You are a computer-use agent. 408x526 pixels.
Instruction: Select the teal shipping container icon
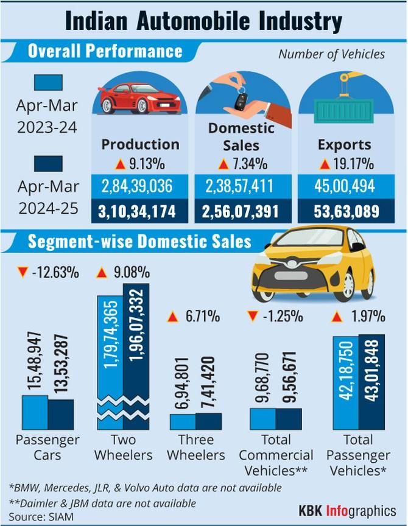point(345,109)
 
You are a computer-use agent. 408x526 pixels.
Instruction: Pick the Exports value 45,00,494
point(346,186)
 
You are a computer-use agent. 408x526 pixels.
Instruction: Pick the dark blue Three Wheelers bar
point(209,421)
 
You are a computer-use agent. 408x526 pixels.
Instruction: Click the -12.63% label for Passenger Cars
point(48,272)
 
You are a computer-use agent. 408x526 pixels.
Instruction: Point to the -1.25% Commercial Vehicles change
point(275,317)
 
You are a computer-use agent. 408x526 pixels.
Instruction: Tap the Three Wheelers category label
point(197,447)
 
